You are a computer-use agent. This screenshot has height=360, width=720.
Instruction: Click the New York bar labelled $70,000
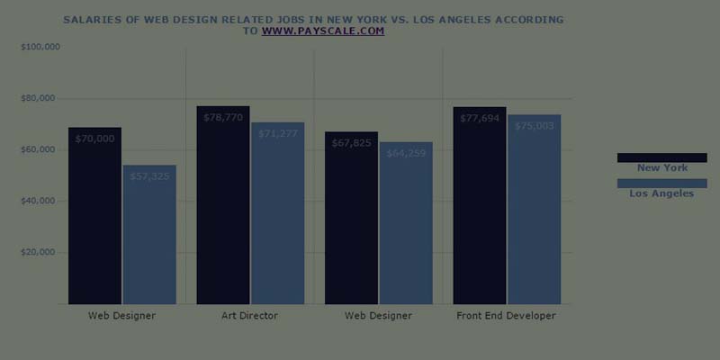point(94,216)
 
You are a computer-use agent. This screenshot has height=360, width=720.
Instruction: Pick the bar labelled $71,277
point(277,213)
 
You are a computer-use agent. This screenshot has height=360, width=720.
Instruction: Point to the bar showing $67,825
point(351,218)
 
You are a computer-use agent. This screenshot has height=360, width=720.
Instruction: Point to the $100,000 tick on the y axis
point(39,46)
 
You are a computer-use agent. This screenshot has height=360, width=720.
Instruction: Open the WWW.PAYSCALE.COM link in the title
point(323,31)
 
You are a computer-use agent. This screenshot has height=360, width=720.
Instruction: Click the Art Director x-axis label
point(249,316)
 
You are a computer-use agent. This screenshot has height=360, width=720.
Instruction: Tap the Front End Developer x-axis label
point(506,316)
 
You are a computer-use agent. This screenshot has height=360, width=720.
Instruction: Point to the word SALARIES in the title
point(90,19)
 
